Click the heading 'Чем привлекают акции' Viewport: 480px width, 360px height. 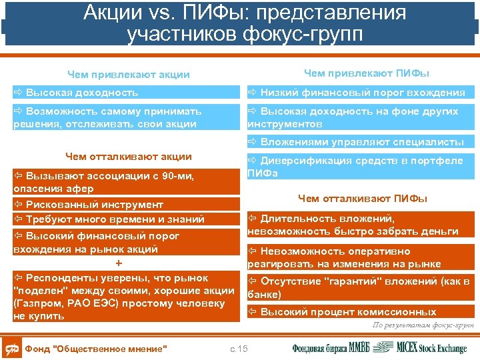point(129,75)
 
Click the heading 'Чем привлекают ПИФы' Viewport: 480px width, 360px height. point(366,73)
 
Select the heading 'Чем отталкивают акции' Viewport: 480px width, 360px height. point(128,157)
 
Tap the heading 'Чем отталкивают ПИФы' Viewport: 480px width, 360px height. point(363,198)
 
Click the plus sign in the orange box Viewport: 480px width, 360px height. point(119,263)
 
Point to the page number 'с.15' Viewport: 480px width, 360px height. point(238,348)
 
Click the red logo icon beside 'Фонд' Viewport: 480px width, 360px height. point(11,348)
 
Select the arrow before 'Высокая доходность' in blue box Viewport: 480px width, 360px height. point(18,93)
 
